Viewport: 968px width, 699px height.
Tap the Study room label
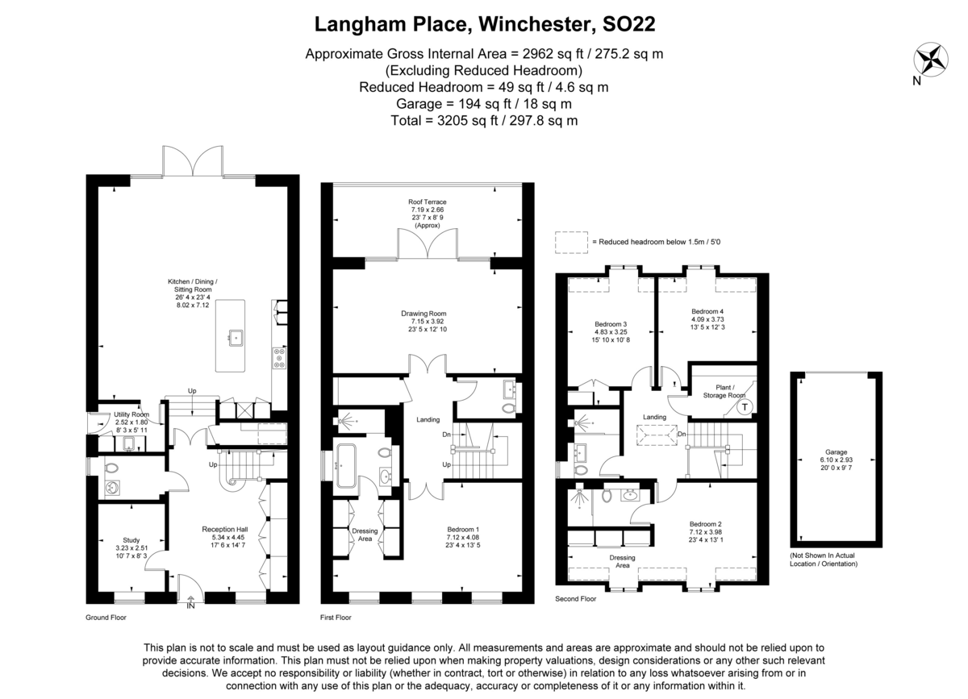pyautogui.click(x=131, y=540)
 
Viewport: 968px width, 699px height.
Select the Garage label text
pyautogui.click(x=836, y=451)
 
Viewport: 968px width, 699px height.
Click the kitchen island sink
pyautogui.click(x=236, y=337)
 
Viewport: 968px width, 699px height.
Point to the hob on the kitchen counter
pyautogui.click(x=279, y=358)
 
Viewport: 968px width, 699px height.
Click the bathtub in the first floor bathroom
pyautogui.click(x=346, y=466)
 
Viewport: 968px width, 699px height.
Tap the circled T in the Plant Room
pyautogui.click(x=745, y=407)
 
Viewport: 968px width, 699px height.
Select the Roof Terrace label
pyautogui.click(x=427, y=202)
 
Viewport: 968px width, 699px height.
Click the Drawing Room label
pyautogui.click(x=423, y=313)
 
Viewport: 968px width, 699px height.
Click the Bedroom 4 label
pyautogui.click(x=707, y=311)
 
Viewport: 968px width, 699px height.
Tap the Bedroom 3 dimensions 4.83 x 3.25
pyautogui.click(x=610, y=332)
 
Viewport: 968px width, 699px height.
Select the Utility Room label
pyautogui.click(x=131, y=414)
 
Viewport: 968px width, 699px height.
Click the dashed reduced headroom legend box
pyautogui.click(x=571, y=243)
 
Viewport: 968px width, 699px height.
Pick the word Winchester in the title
pyautogui.click(x=534, y=24)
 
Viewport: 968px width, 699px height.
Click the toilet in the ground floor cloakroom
pyautogui.click(x=112, y=468)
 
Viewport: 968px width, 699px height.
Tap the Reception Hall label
pyautogui.click(x=225, y=529)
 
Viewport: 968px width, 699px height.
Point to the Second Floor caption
pyautogui.click(x=576, y=599)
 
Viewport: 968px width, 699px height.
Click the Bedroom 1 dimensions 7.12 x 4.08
pyautogui.click(x=462, y=537)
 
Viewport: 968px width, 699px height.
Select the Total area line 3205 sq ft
pyautogui.click(x=484, y=120)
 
